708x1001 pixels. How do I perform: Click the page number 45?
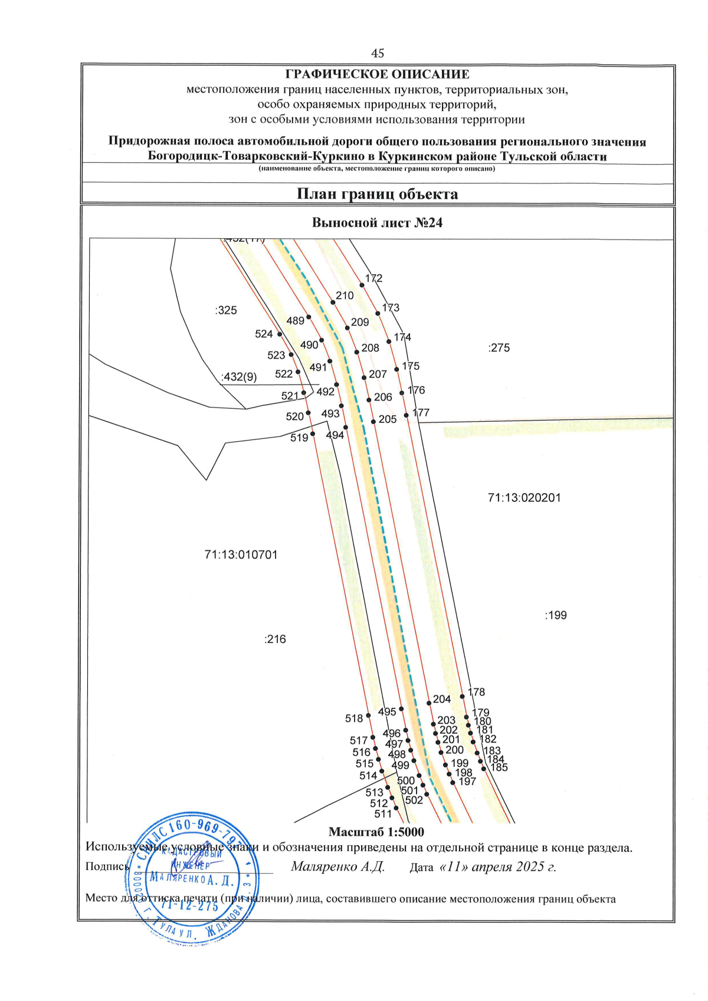point(378,53)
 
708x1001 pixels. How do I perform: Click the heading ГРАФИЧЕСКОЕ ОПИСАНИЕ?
point(377,74)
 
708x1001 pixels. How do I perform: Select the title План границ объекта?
point(377,194)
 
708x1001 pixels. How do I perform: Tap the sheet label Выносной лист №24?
point(377,223)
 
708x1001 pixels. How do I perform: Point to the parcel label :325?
point(226,310)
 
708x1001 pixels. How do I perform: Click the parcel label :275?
point(499,348)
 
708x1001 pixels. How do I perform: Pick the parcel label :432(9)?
point(239,377)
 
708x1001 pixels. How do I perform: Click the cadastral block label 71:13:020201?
point(524,498)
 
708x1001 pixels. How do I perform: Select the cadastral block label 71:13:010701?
point(241,555)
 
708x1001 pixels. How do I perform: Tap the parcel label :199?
point(555,616)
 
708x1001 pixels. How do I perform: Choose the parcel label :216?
point(275,639)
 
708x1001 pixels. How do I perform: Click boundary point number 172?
point(362,285)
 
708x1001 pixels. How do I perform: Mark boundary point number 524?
point(280,334)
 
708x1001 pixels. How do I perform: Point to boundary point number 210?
point(333,303)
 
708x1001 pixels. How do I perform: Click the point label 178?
point(476,692)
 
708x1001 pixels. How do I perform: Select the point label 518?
point(354,718)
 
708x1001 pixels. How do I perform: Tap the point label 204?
point(441,699)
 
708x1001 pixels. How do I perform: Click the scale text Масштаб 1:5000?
point(376,832)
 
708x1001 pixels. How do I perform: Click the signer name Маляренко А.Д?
point(337,867)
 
